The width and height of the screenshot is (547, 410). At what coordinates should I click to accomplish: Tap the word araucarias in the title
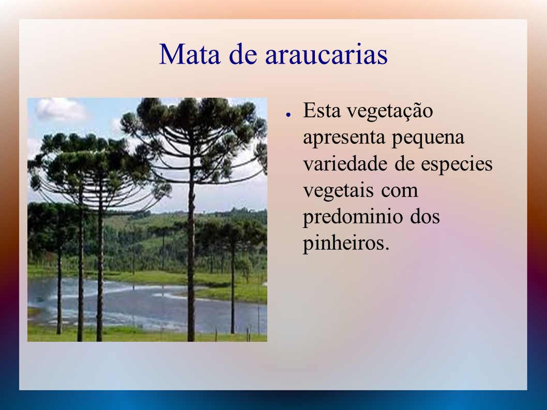click(326, 55)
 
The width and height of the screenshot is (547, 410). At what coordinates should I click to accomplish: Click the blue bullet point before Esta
click(288, 114)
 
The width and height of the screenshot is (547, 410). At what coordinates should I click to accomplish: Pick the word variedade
click(346, 163)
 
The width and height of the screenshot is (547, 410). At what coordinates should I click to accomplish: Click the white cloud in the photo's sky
click(60, 109)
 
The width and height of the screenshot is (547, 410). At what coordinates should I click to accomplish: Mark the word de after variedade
click(405, 163)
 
